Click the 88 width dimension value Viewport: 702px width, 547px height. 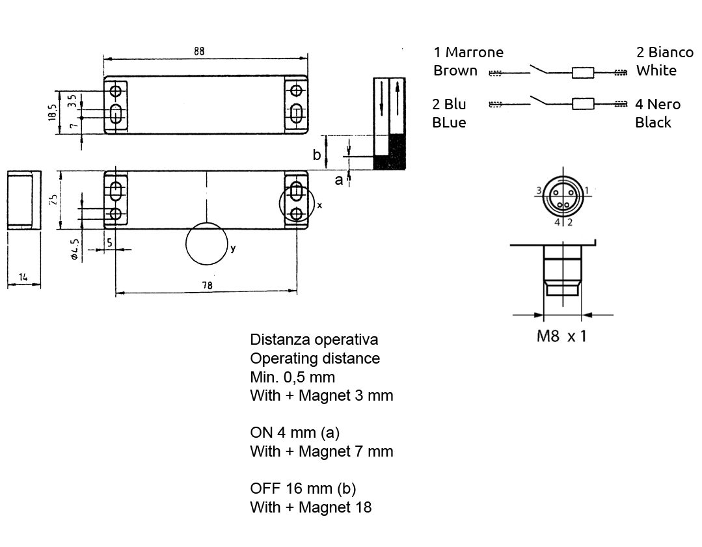[199, 51]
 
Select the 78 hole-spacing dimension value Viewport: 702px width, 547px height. [208, 285]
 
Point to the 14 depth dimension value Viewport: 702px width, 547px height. [23, 277]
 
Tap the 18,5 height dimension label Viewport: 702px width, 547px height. [53, 113]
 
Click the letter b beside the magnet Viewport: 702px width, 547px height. [317, 154]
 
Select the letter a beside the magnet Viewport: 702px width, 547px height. [339, 180]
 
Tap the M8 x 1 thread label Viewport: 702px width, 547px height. [561, 336]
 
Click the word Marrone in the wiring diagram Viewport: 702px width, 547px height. [474, 52]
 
